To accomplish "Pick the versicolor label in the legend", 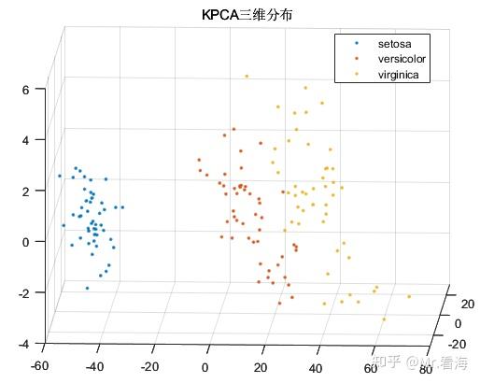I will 401,58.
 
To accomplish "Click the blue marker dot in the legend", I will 355,44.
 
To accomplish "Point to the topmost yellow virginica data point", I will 247,76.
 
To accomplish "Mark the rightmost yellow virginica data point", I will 409,297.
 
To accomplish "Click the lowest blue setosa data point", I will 88,288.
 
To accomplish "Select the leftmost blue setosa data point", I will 59,176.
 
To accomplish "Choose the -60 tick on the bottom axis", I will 39,366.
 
